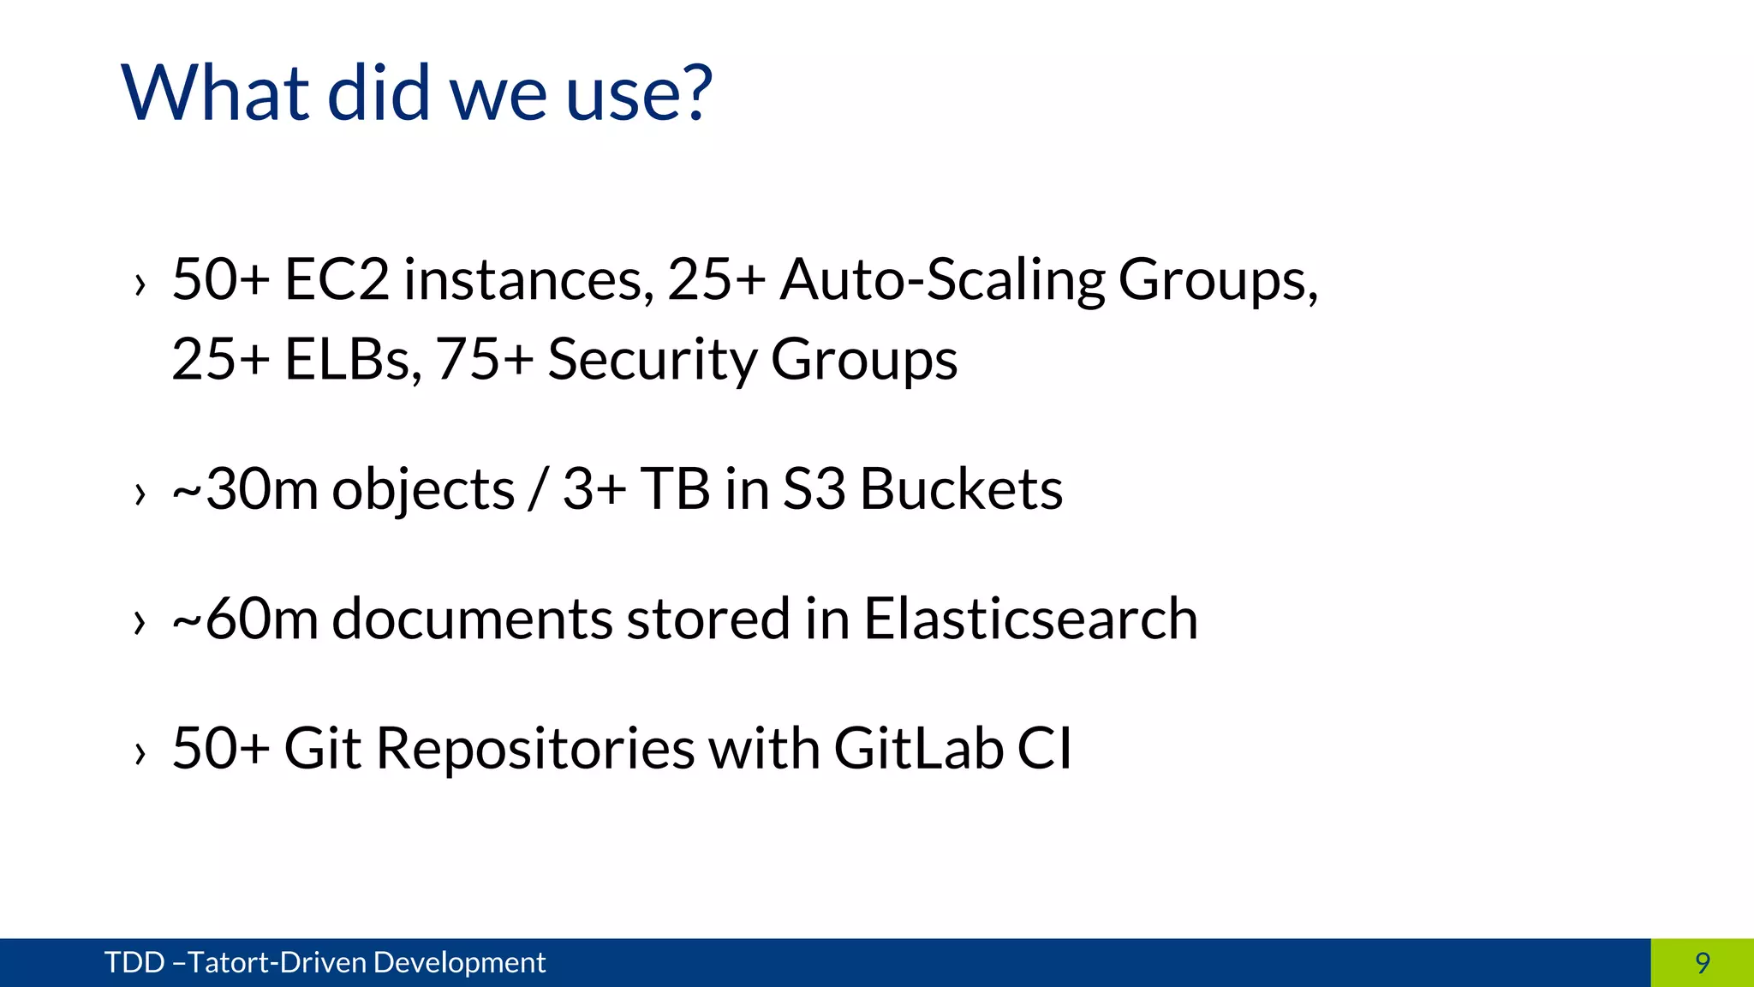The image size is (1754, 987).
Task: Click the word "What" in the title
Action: pos(215,93)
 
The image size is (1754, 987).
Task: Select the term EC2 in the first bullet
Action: pos(337,279)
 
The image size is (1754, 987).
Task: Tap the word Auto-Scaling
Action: pos(941,281)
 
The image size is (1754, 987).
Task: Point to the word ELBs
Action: pos(353,359)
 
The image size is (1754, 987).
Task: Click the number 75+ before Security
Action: pos(485,359)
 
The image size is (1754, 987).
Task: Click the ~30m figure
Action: pos(245,489)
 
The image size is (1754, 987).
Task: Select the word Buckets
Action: pos(961,489)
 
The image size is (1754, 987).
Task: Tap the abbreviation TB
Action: pos(675,489)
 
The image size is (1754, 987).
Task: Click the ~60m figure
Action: pos(245,619)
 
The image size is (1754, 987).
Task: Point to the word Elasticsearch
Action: pos(1030,619)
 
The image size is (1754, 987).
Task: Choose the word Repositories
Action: pos(535,750)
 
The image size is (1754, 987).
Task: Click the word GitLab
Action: pos(918,748)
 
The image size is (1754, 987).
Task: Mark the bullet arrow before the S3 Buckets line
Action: pos(140,494)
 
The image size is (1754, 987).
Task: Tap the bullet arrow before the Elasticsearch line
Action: pos(140,624)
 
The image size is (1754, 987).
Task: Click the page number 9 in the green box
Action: pos(1703,963)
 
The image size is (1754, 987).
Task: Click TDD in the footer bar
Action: pos(134,963)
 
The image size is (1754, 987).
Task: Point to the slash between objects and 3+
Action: pos(538,490)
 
